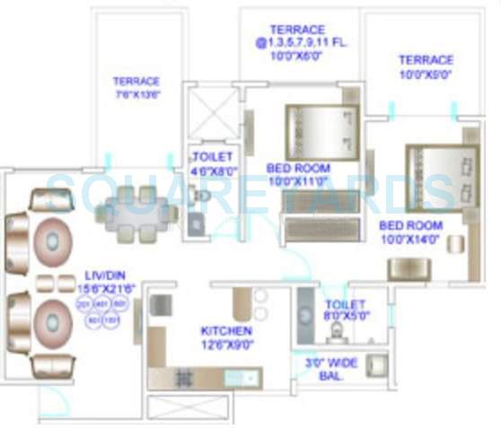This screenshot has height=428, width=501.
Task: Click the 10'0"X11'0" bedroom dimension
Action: [298, 181]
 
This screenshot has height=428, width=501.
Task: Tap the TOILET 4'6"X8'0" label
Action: [213, 161]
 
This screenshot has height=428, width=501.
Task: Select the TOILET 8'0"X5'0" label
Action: [347, 310]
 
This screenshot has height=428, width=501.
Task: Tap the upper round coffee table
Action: [55, 240]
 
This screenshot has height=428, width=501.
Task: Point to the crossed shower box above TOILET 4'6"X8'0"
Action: [212, 113]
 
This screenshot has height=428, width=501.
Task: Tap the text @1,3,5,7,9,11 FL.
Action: [302, 43]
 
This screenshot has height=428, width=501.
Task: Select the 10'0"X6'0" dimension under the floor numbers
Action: [302, 56]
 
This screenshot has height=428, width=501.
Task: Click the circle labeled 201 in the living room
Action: [83, 305]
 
